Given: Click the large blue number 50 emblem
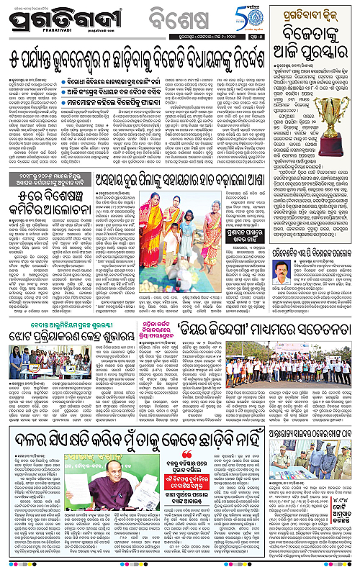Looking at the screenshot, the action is (x=288, y=13).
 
